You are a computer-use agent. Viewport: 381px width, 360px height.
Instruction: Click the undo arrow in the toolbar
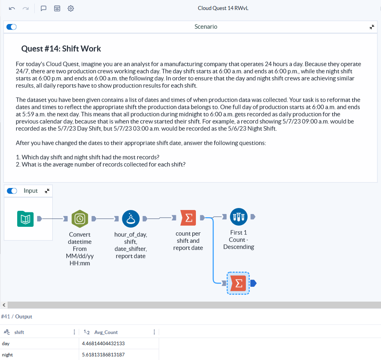[x=12, y=8]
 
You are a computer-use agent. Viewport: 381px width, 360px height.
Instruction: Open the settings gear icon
[x=71, y=8]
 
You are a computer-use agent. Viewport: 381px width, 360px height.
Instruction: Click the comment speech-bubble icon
[x=44, y=8]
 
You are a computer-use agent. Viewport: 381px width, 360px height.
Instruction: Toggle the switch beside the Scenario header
[x=12, y=27]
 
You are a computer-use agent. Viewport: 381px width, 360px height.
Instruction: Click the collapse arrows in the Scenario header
[x=372, y=27]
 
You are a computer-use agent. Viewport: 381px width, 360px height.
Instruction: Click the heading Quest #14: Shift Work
[x=61, y=49]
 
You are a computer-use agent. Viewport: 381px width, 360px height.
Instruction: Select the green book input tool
[x=25, y=218]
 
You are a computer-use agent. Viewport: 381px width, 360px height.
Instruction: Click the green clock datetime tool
[x=80, y=218]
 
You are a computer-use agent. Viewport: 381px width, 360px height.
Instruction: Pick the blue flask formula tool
[x=130, y=218]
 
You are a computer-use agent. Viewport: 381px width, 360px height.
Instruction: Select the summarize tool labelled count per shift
[x=188, y=218]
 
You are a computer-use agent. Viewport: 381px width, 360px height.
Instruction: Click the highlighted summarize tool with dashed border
[x=238, y=283]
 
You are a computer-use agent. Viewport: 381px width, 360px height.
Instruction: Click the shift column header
[x=19, y=332]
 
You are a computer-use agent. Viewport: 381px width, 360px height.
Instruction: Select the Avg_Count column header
[x=106, y=332]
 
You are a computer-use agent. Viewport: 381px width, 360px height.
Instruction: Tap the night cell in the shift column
[x=7, y=355]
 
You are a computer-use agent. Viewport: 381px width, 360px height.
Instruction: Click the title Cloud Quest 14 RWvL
[x=223, y=8]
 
